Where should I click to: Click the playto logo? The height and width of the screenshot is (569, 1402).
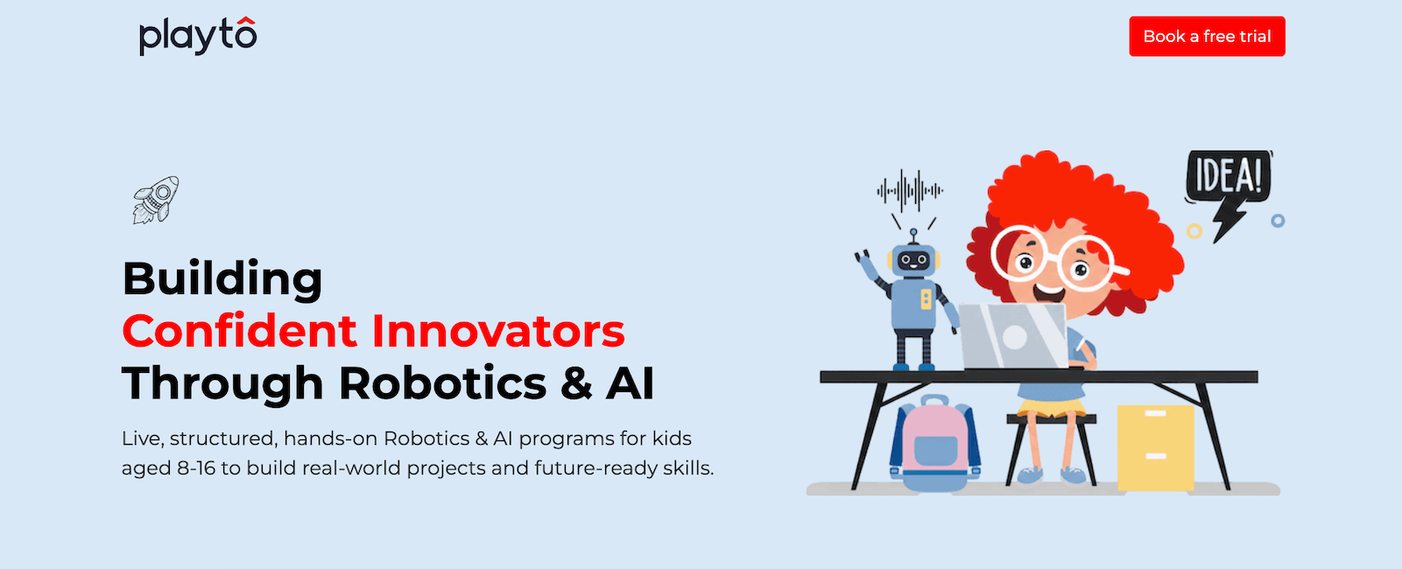point(198,36)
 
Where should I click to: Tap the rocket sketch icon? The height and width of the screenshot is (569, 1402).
point(156,200)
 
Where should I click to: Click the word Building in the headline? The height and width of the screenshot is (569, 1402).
point(222,279)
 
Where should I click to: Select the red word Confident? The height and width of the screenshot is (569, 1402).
point(240,331)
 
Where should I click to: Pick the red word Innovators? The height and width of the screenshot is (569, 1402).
point(498,331)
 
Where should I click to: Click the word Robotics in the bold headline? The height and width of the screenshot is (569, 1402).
point(442,383)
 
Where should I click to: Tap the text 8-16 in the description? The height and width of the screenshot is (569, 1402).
point(196,468)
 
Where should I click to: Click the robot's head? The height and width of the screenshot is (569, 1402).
point(914,259)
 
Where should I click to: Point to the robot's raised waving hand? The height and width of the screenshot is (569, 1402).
point(863,257)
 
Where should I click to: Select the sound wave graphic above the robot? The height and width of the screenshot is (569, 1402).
point(910,190)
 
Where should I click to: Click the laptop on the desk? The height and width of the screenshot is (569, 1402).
point(1013,337)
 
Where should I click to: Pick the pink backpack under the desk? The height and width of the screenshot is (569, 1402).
point(935,443)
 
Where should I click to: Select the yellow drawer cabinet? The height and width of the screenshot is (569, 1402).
point(1155,447)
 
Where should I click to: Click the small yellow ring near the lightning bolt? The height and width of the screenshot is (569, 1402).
point(1194,231)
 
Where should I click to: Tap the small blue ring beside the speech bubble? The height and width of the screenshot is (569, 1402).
point(1278,221)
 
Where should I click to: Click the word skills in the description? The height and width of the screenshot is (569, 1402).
point(687,468)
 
